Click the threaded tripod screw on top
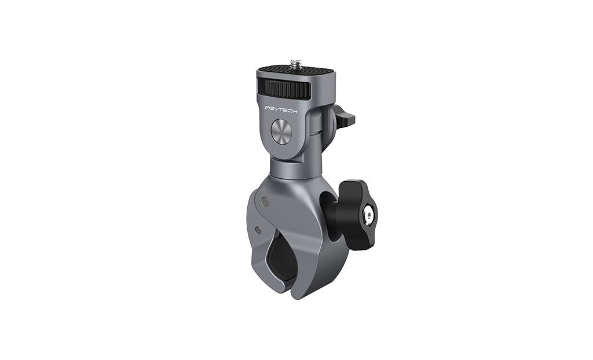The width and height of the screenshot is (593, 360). click(295, 64)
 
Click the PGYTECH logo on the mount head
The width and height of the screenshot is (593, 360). click(281, 111)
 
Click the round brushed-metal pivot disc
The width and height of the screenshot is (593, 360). click(281, 130)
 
